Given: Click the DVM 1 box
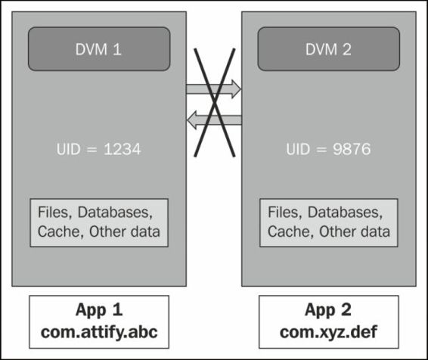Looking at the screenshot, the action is click(99, 49).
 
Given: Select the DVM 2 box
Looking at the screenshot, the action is click(329, 49).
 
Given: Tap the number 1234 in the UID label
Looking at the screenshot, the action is click(123, 149).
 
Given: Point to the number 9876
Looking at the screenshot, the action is click(352, 149).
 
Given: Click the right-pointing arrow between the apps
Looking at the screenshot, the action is click(213, 89).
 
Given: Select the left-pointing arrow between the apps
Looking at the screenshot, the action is click(214, 120).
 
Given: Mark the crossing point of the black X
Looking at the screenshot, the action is click(215, 103).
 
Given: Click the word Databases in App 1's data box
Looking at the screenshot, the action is click(115, 213).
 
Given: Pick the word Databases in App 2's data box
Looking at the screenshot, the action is click(345, 213).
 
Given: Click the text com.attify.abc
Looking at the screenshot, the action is click(99, 333).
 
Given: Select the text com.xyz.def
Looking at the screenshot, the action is click(329, 333).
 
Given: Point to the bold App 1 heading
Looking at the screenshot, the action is click(99, 310).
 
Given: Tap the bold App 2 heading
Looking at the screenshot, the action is click(328, 310).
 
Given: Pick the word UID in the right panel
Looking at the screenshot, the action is click(298, 149).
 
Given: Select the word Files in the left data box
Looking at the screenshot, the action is click(54, 213).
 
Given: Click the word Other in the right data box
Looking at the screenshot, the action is click(336, 231).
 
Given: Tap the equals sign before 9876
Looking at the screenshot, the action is click(321, 150).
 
